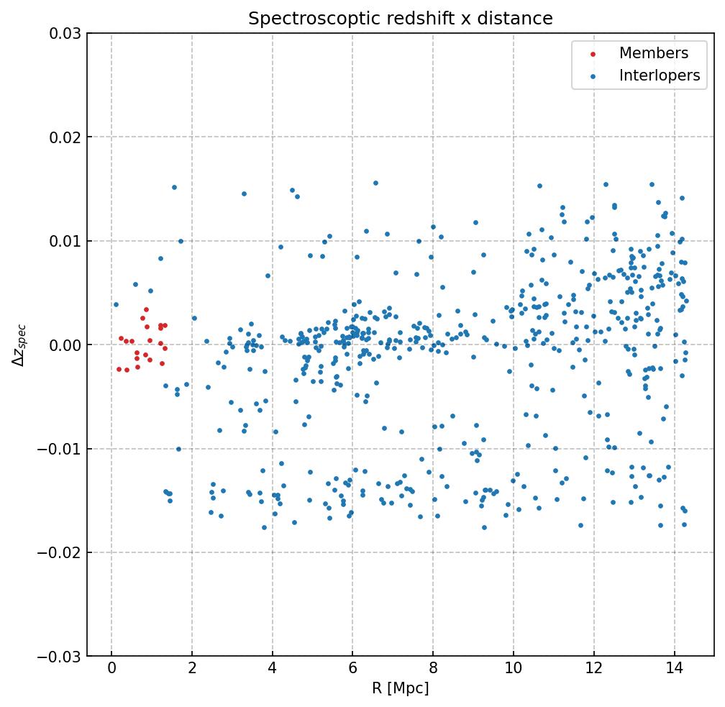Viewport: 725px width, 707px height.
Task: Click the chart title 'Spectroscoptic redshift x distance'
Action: [x=401, y=19]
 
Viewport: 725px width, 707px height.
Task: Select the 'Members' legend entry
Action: [x=653, y=53]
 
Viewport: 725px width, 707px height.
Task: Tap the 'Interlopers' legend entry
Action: [x=659, y=76]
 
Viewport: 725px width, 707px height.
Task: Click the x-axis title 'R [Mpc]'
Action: [x=401, y=688]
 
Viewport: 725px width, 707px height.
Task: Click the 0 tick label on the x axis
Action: [x=111, y=670]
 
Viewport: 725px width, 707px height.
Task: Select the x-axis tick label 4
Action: [x=272, y=670]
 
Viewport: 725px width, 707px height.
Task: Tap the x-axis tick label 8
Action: [x=433, y=670]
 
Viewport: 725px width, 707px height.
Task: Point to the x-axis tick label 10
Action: [x=513, y=670]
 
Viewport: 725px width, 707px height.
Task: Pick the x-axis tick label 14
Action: [x=674, y=670]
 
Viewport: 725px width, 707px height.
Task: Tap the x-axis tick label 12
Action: [x=593, y=670]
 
